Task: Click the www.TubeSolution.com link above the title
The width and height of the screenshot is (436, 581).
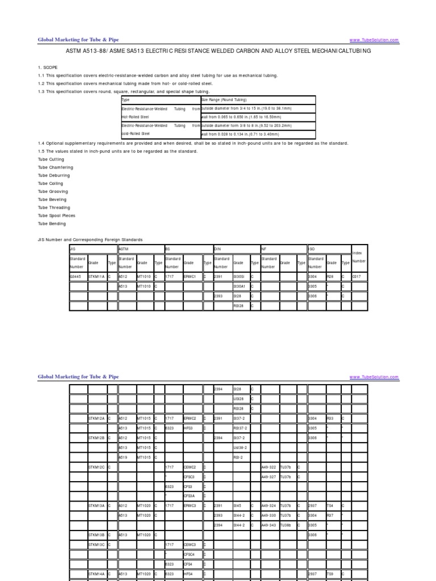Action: coord(374,40)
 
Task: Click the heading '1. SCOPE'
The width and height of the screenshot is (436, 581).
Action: coord(48,67)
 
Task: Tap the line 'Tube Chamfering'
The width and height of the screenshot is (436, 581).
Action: coord(56,167)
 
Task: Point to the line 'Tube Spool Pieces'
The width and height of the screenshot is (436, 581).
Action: coord(57,216)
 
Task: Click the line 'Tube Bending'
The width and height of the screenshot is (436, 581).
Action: coord(53,224)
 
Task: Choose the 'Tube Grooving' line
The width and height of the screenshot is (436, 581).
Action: coord(54,192)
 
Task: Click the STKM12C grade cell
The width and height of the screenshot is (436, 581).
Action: coord(97,467)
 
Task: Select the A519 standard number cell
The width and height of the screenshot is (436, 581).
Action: coord(125,456)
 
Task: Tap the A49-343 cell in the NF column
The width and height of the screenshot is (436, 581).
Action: coord(269,525)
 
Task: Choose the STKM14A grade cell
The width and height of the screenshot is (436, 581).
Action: coord(97,574)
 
